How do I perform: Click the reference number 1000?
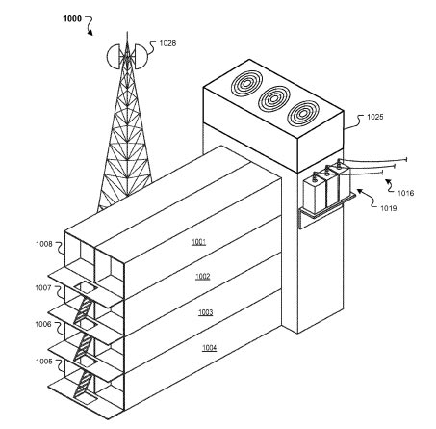pyautogui.click(x=72, y=19)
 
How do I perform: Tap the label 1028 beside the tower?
pyautogui.click(x=167, y=43)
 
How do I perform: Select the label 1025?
pyautogui.click(x=375, y=117)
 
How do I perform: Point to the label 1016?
pyautogui.click(x=405, y=193)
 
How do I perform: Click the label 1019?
pyautogui.click(x=389, y=208)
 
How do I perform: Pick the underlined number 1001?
pyautogui.click(x=198, y=242)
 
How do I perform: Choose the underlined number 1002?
pyautogui.click(x=203, y=277)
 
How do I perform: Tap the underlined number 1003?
pyautogui.click(x=205, y=312)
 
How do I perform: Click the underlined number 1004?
pyautogui.click(x=209, y=348)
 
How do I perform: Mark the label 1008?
pyautogui.click(x=44, y=244)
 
